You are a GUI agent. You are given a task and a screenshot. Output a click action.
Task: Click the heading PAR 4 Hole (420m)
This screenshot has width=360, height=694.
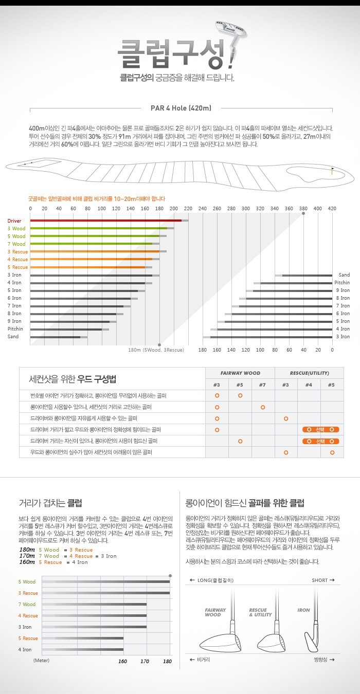tap(181, 108)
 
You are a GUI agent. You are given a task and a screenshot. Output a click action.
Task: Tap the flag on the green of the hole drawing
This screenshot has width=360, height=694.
tap(332, 170)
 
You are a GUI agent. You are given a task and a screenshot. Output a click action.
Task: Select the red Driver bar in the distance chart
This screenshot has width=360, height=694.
tap(106, 221)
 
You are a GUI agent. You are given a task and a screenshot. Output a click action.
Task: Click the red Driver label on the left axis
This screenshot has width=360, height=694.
tap(14, 221)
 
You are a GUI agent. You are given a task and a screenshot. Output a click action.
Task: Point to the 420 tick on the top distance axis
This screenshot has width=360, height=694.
tap(332, 208)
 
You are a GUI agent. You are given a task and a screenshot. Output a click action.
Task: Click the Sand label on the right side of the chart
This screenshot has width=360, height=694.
tap(344, 275)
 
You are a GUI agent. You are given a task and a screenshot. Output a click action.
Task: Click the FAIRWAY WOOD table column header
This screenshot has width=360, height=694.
tap(240, 373)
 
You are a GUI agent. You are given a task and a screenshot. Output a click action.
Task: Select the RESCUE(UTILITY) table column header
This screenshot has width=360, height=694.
tap(309, 373)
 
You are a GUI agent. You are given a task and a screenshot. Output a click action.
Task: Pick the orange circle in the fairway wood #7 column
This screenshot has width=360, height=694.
tap(263, 407)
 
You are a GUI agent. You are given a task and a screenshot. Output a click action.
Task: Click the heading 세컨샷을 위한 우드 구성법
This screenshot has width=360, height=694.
tap(72, 379)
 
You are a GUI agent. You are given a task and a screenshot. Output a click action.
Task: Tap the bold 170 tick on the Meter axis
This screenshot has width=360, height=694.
tap(146, 661)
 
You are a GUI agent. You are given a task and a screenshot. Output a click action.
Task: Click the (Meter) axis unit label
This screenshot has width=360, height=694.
tap(41, 660)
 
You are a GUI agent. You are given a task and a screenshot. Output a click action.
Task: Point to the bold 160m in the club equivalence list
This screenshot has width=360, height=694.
tap(27, 562)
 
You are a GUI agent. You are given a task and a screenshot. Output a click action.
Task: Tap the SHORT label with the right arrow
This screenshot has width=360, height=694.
tap(323, 580)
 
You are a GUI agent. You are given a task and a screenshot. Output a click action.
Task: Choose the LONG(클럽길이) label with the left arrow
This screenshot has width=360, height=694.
tap(212, 580)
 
